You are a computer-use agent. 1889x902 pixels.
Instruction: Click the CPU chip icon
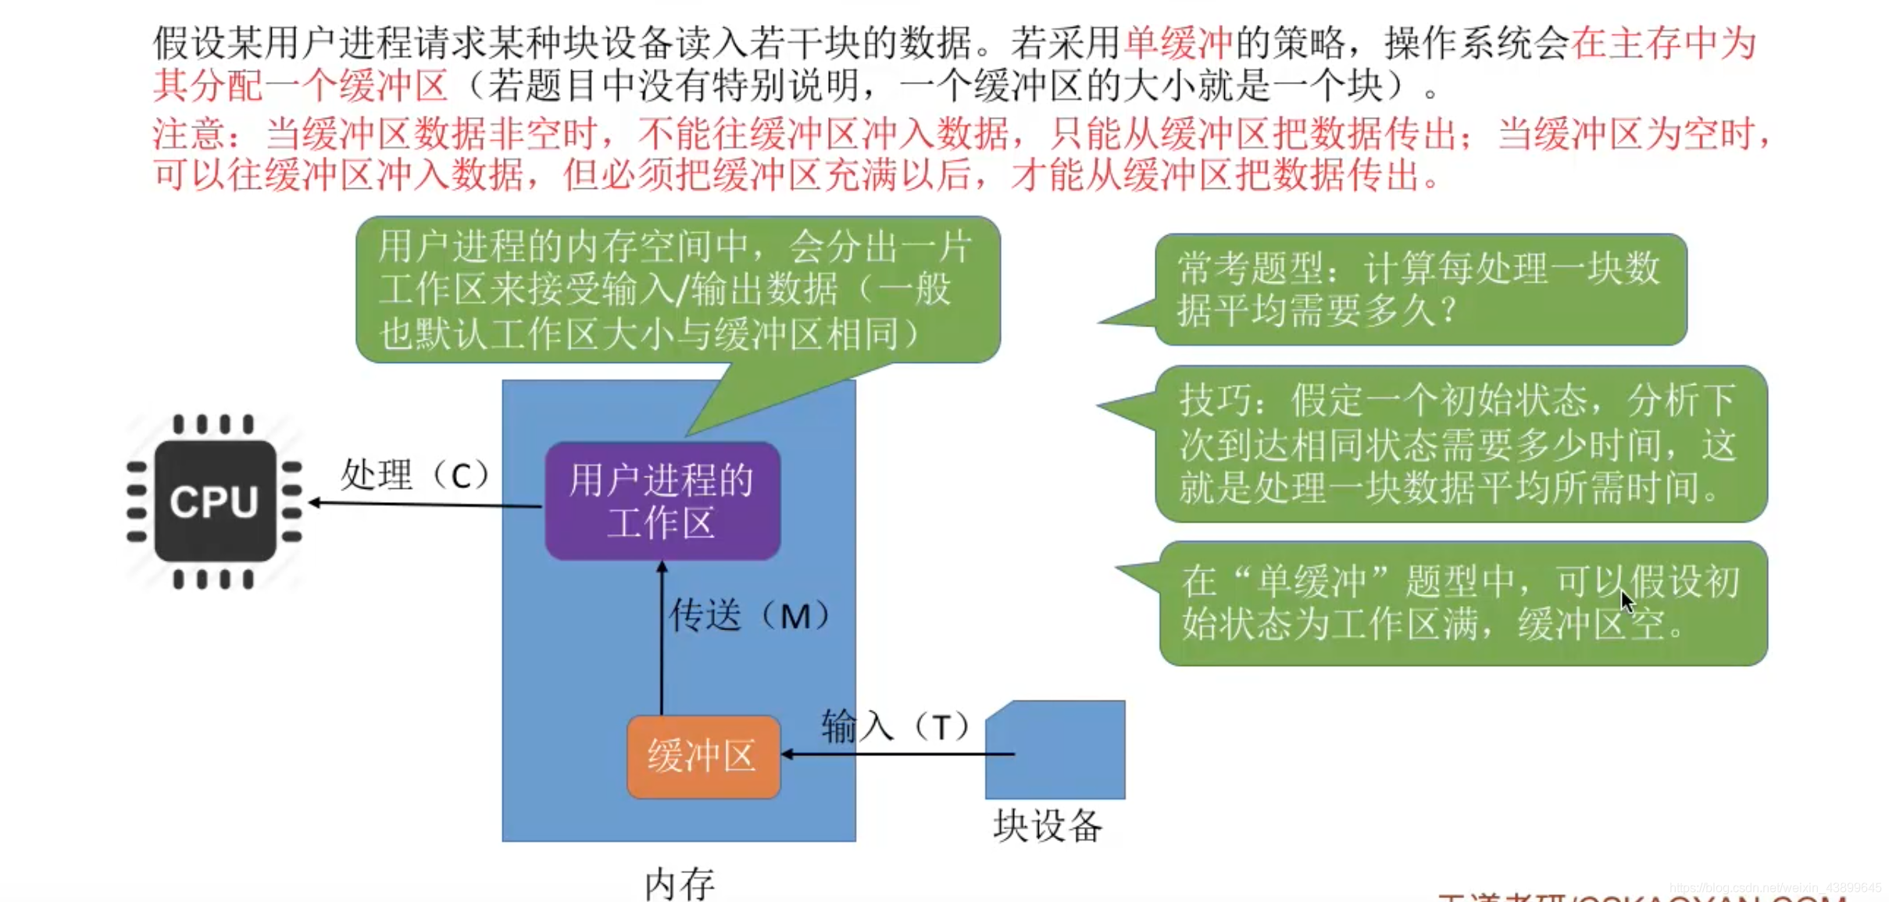(x=214, y=501)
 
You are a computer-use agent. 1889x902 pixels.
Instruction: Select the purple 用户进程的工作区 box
(x=662, y=501)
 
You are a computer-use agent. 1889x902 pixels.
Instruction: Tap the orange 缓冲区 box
(x=703, y=756)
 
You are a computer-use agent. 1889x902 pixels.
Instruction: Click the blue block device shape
(x=1056, y=750)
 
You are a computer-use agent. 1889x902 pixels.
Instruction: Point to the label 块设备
(x=1048, y=826)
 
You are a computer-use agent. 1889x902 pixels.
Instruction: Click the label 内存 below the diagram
(x=679, y=884)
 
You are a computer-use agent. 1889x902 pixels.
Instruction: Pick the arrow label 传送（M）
(x=749, y=615)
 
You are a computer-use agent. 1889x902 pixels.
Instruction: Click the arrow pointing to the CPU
(x=426, y=504)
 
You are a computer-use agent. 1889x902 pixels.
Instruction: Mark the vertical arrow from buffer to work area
(x=662, y=636)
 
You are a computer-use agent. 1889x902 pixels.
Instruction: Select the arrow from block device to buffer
(x=898, y=754)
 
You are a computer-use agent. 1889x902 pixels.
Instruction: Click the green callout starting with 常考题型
(x=1419, y=290)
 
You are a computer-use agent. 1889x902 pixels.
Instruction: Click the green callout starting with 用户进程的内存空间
(x=677, y=290)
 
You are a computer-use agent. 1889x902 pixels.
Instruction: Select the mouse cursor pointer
(x=1627, y=602)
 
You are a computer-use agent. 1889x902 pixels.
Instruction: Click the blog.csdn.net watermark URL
(x=1775, y=888)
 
